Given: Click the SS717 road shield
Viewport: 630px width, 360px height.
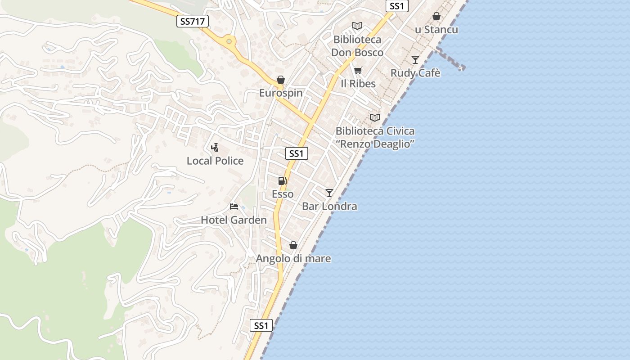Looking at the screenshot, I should (x=193, y=21).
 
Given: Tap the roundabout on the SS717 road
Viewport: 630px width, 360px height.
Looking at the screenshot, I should (x=229, y=42).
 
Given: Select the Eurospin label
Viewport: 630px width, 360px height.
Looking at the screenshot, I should (x=281, y=93).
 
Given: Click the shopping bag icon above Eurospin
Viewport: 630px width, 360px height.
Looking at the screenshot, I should (x=281, y=80).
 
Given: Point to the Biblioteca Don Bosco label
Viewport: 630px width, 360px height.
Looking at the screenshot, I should (x=357, y=46).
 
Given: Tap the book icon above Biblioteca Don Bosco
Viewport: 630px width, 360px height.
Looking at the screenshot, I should (x=357, y=26).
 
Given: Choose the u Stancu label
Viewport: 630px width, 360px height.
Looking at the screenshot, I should (x=436, y=30).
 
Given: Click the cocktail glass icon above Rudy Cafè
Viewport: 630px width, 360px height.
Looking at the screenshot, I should (x=415, y=60).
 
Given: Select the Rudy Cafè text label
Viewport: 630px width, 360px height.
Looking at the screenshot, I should (x=415, y=73).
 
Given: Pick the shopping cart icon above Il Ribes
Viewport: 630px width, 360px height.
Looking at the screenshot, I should (x=358, y=71).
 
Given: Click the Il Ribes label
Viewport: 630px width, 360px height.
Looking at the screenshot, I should (x=358, y=84).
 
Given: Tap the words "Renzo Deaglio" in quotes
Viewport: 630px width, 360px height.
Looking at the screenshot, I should (x=375, y=144).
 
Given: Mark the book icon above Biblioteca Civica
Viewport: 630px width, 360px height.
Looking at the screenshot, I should (x=375, y=118).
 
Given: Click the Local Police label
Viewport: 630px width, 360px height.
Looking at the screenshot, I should (x=215, y=161).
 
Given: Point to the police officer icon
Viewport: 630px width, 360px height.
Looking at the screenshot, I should (x=215, y=147).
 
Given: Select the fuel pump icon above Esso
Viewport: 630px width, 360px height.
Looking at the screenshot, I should (x=282, y=181).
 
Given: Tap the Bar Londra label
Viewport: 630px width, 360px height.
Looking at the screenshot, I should (x=329, y=206).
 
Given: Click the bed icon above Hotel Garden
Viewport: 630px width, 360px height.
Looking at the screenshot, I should (x=234, y=207).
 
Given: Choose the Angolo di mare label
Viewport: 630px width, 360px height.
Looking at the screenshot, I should (x=293, y=259).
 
